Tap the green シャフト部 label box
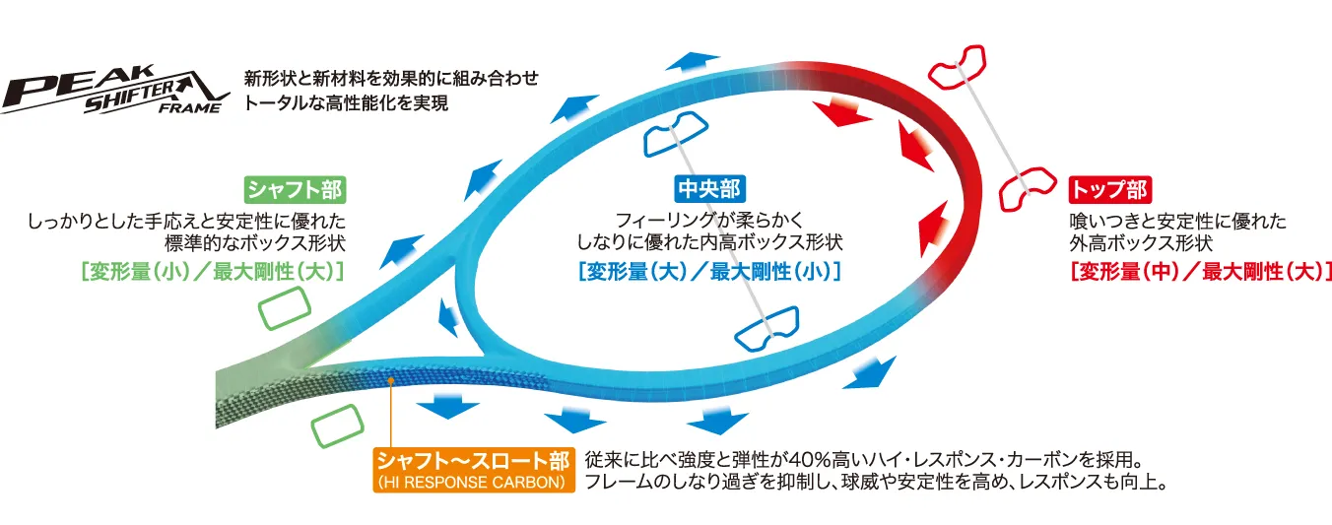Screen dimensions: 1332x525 [295, 190]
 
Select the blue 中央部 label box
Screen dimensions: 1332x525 [709, 189]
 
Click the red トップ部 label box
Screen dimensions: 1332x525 [1109, 190]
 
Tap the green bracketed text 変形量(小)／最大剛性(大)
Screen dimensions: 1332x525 [212, 272]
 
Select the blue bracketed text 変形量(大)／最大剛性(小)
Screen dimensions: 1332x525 [709, 272]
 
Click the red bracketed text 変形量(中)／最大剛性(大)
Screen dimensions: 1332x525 [1200, 272]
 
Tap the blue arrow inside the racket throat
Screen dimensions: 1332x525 [447, 317]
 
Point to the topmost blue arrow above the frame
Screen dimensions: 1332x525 [694, 62]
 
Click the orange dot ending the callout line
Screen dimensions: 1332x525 [391, 380]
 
